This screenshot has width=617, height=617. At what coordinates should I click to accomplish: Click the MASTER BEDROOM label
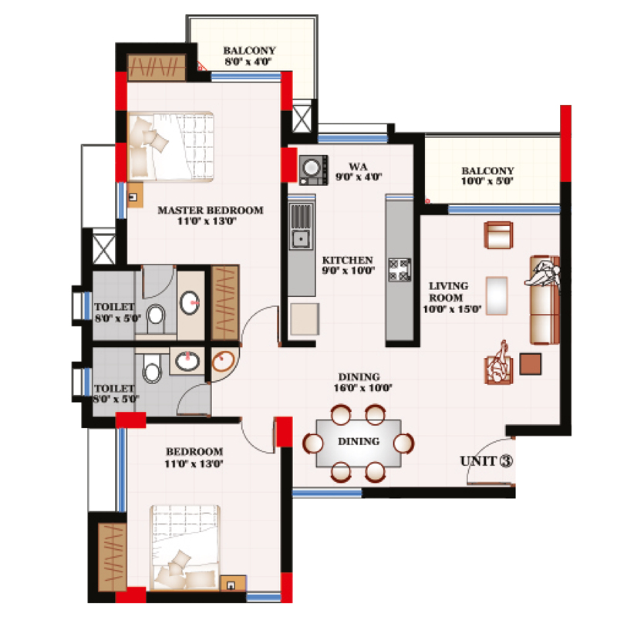210,210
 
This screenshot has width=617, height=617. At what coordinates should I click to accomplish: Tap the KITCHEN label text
348,261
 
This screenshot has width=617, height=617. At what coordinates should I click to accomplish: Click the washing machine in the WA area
312,167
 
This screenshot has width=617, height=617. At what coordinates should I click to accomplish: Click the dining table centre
360,442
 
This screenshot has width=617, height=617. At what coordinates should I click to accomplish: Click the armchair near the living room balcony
497,234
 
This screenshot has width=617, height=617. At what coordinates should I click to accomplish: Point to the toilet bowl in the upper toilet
156,315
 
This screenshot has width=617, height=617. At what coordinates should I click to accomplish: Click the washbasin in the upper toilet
190,302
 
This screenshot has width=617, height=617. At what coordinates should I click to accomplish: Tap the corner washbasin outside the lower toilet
224,362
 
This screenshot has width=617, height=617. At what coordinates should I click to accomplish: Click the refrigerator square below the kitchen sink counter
304,318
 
